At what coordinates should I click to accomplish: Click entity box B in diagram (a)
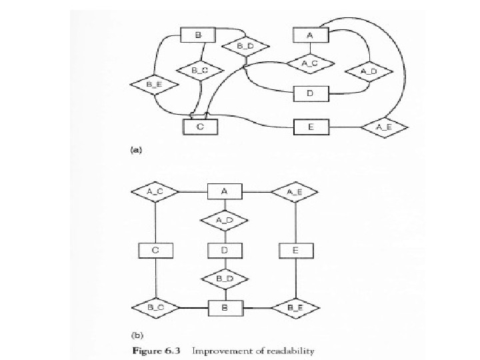coord(197,35)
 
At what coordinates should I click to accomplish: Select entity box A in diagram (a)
coord(309,35)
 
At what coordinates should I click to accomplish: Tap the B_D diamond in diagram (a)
coord(244,47)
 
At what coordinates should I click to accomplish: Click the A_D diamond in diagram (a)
coord(369,71)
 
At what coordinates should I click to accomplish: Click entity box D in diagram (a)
coord(309,93)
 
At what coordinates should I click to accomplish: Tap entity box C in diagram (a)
coord(202,125)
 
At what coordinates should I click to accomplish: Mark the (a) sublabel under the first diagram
coord(135,151)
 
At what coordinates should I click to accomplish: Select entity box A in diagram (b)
coord(225,192)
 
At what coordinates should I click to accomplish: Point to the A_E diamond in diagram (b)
coord(294,192)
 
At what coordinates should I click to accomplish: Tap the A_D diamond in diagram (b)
coord(225,219)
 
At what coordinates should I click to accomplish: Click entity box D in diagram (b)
coord(225,251)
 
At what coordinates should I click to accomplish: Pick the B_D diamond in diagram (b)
coord(225,277)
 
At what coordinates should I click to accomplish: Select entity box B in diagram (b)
coord(225,308)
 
